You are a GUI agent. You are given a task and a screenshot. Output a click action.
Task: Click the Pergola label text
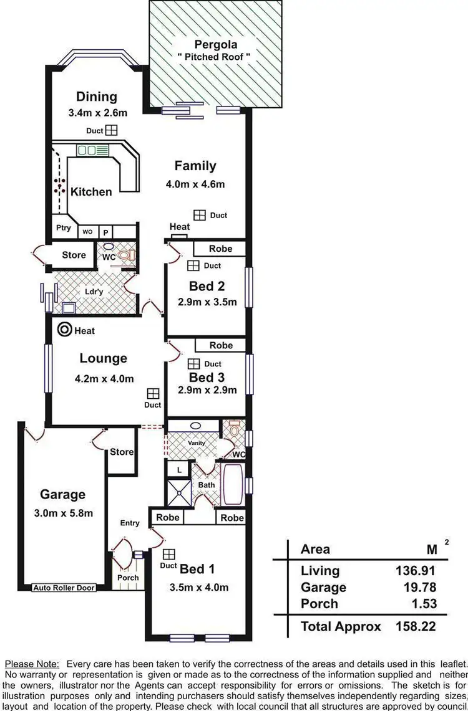pyautogui.click(x=215, y=44)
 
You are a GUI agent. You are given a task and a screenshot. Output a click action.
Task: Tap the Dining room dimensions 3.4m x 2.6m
pyautogui.click(x=97, y=113)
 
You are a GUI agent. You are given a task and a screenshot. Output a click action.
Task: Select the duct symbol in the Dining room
pyautogui.click(x=111, y=130)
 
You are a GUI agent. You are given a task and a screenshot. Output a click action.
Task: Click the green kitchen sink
pyautogui.click(x=93, y=150)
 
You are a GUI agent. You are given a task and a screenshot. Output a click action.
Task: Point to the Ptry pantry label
pyautogui.click(x=63, y=228)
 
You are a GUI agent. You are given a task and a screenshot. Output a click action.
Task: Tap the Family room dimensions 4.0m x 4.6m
pyautogui.click(x=195, y=184)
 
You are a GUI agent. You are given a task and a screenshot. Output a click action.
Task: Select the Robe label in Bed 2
pyautogui.click(x=220, y=249)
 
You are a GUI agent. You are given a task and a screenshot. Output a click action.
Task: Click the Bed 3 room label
pyautogui.click(x=207, y=377)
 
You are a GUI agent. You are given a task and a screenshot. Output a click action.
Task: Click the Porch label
pyautogui.click(x=129, y=578)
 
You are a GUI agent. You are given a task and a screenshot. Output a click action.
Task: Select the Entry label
pyautogui.click(x=130, y=523)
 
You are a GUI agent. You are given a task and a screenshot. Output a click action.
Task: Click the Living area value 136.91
pyautogui.click(x=416, y=570)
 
